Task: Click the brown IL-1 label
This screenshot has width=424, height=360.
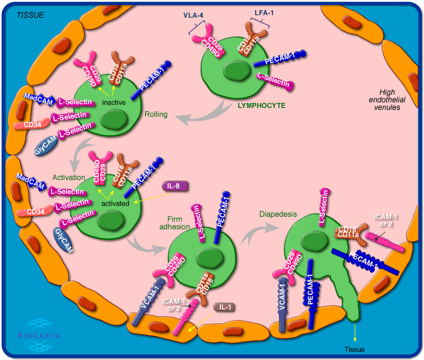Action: click(224, 308)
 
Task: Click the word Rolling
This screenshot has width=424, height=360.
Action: click(156, 114)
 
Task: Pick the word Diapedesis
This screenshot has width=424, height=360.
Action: click(278, 213)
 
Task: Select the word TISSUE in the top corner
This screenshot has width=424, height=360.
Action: click(30, 14)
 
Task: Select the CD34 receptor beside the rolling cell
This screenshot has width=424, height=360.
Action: click(32, 125)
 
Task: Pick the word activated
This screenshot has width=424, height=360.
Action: click(114, 203)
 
